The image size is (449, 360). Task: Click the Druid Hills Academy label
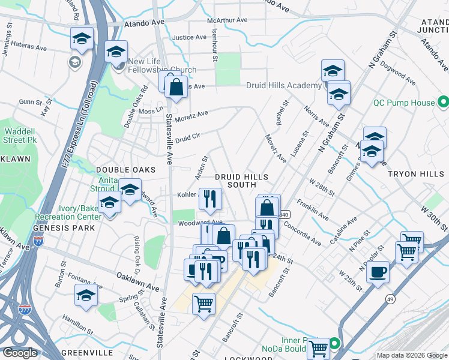pos(283,86)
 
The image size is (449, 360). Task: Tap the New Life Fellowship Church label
pos(161,66)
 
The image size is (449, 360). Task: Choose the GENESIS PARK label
pos(64,229)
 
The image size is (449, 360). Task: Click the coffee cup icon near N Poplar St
pos(377,272)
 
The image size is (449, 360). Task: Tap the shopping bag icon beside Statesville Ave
pos(176,86)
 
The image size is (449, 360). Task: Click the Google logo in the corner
pos(20,353)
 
